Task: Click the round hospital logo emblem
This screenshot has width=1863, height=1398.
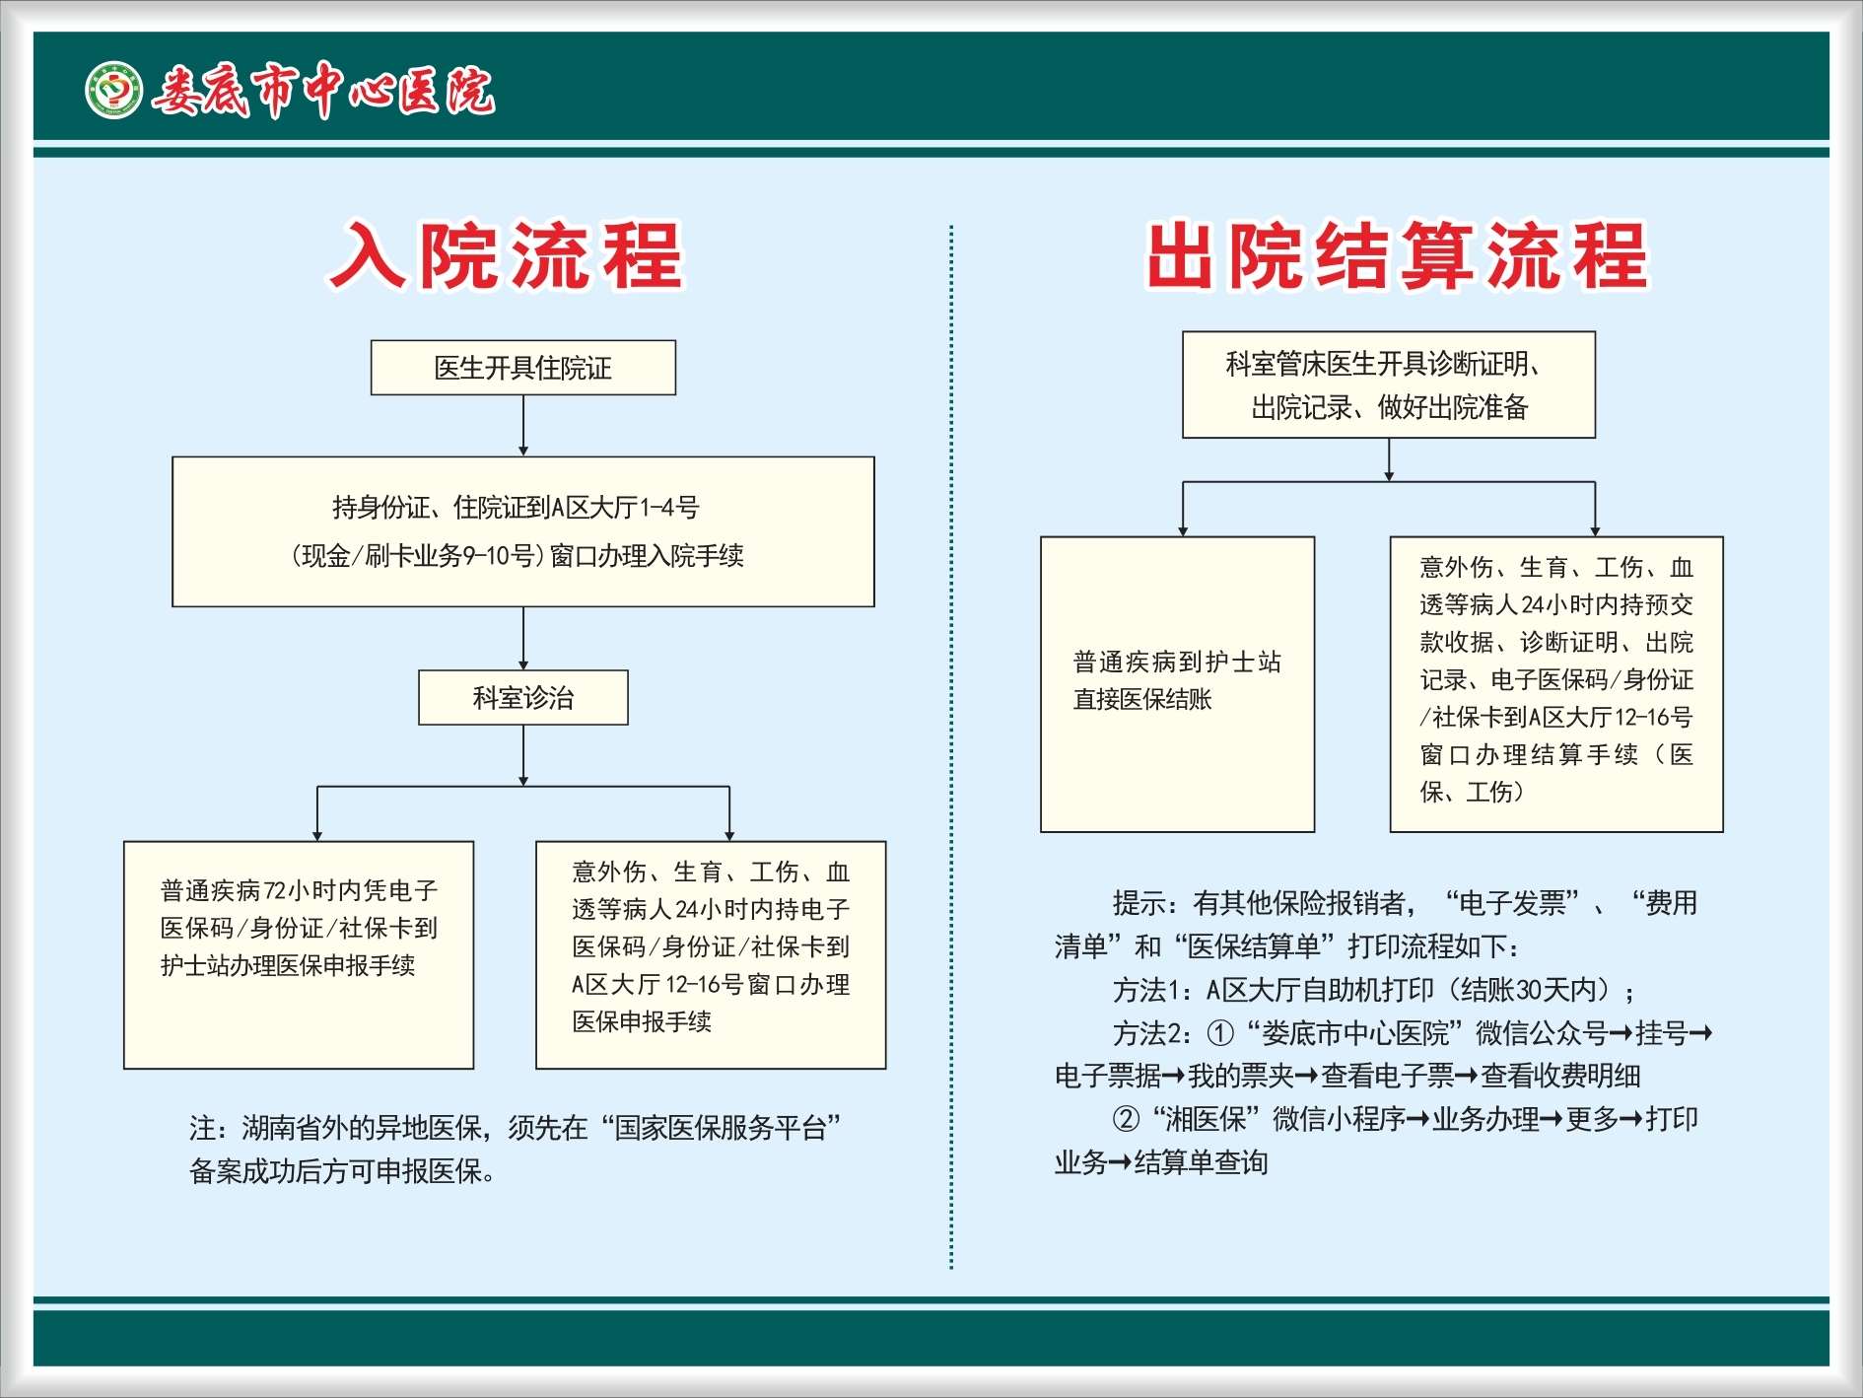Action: coord(113,91)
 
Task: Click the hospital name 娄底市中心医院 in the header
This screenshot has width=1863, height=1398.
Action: coord(323,91)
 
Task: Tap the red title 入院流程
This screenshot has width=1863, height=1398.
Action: coord(506,255)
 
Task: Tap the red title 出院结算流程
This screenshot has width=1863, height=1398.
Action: coord(1397,255)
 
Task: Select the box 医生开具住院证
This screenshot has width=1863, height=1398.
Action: coord(523,368)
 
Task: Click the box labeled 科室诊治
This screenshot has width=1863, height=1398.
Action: coord(523,698)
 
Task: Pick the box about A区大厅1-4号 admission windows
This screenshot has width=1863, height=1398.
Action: coord(523,531)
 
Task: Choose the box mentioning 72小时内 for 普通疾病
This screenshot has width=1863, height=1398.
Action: coord(299,955)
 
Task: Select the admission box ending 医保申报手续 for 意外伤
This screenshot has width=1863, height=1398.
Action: coord(711,955)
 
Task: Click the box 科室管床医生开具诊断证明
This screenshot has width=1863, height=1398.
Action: coord(1389,384)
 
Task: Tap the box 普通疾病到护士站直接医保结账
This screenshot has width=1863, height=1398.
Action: coord(1178,684)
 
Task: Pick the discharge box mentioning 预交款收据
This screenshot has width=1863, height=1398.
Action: coord(1556,684)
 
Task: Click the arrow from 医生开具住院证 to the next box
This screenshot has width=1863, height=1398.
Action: coord(523,426)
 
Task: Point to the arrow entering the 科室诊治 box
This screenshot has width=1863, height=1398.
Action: coord(523,639)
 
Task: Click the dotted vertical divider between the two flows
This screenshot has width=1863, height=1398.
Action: coord(951,747)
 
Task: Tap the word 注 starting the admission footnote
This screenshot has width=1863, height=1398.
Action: coord(202,1128)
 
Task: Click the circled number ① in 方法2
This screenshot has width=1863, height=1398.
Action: coord(1220,1033)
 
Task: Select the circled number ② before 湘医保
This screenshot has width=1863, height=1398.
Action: coord(1126,1119)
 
